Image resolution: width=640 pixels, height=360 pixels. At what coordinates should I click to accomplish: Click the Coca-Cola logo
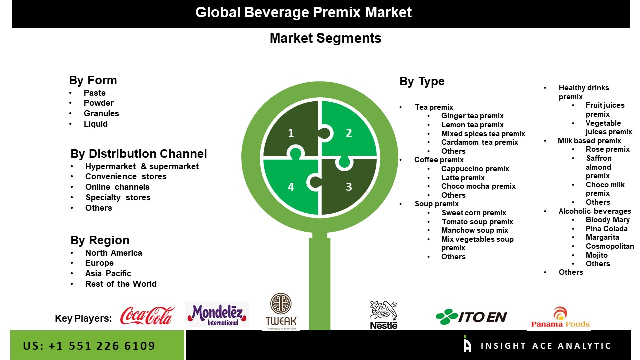pyautogui.click(x=147, y=316)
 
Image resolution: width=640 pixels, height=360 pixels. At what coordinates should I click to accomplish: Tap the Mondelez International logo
pyautogui.click(x=217, y=314)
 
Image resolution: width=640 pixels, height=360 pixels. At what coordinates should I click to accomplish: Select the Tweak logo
pyautogui.click(x=282, y=311)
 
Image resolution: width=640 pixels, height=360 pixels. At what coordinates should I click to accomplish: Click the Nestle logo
pyautogui.click(x=384, y=315)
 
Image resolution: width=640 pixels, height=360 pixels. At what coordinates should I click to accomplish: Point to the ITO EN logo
pyautogui.click(x=471, y=316)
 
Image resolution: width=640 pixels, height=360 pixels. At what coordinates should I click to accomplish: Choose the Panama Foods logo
pyautogui.click(x=560, y=317)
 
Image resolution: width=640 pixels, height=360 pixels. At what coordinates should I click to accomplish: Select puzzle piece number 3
pyautogui.click(x=349, y=187)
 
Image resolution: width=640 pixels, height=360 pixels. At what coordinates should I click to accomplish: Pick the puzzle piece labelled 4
pyautogui.click(x=291, y=187)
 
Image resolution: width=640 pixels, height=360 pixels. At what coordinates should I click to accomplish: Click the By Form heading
pyautogui.click(x=93, y=80)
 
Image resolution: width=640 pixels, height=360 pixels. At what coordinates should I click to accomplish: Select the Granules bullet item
pyautogui.click(x=101, y=113)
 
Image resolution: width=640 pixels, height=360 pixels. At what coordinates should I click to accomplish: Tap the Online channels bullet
pyautogui.click(x=117, y=187)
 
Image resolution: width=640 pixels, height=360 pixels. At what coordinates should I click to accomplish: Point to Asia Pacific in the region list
pyautogui.click(x=108, y=273)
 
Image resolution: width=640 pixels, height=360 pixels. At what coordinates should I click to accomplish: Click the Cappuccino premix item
pyautogui.click(x=475, y=169)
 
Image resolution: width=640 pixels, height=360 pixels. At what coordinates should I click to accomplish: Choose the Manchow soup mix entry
pyautogui.click(x=474, y=230)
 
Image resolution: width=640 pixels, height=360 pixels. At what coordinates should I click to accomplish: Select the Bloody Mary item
pyautogui.click(x=607, y=220)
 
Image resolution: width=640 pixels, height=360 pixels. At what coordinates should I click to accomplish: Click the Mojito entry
pyautogui.click(x=597, y=255)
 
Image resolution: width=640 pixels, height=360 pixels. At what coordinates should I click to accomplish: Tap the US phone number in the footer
pyautogui.click(x=89, y=346)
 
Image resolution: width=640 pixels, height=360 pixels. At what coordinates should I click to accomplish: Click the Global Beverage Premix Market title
pyautogui.click(x=303, y=12)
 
